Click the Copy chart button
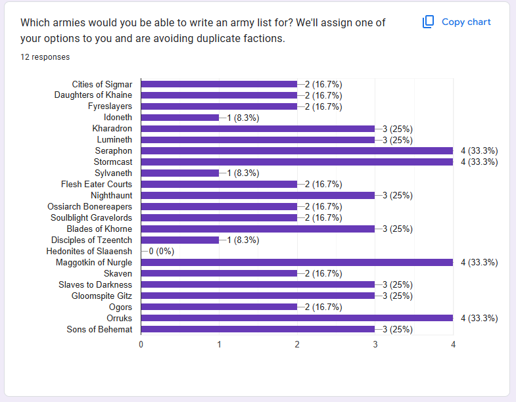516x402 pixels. pos(457,22)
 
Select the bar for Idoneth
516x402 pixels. pos(180,118)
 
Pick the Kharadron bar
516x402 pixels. pos(258,129)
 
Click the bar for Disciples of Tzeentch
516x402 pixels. pos(180,240)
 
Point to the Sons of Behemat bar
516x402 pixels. pos(258,329)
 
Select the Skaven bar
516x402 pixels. pos(219,273)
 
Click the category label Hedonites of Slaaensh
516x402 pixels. pos(89,251)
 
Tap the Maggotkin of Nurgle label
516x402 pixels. pos(94,262)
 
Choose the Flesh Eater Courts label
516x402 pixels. pos(97,185)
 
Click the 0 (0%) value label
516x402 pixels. pos(161,251)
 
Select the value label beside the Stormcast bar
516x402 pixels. pos(479,162)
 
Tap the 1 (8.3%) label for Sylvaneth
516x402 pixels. pos(243,173)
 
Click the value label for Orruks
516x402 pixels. pos(479,318)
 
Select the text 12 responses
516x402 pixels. pos(45,57)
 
